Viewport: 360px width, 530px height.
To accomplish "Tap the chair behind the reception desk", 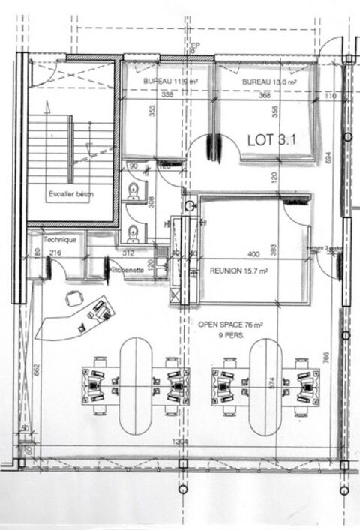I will [74, 298].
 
